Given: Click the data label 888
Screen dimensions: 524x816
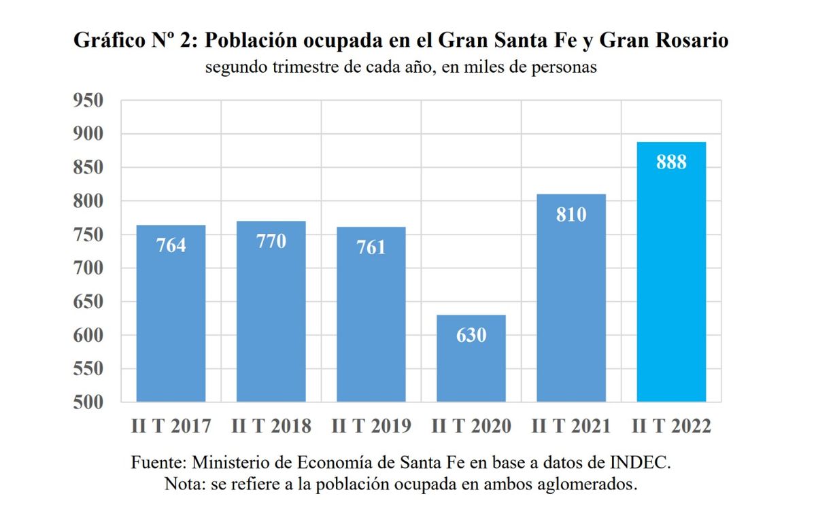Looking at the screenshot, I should click(x=671, y=163).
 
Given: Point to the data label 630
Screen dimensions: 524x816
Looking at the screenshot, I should click(x=471, y=335).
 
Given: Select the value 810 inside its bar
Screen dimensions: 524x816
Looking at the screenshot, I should click(x=571, y=215).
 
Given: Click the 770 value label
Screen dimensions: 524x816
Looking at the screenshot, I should click(x=271, y=241).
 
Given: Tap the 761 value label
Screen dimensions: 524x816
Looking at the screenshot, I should click(x=371, y=247).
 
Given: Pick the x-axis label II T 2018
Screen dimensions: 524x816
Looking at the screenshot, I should click(x=271, y=426).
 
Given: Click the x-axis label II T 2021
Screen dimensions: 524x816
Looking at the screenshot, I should click(x=571, y=426).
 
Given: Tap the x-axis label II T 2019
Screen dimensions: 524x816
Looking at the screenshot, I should click(x=371, y=426).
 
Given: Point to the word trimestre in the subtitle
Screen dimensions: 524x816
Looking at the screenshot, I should click(x=308, y=68).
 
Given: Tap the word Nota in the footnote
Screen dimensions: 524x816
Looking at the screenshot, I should click(x=183, y=484).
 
